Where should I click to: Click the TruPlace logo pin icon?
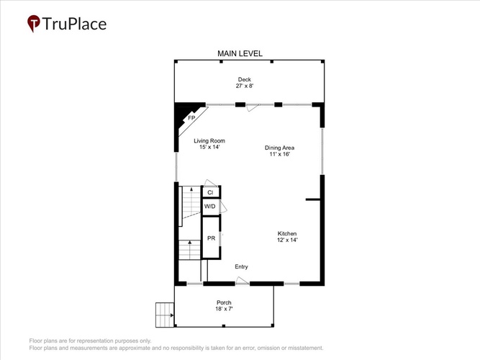click(34, 23)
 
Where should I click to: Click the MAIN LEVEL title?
click(240, 53)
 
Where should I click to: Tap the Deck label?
click(245, 79)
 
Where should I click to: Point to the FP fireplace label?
click(191, 117)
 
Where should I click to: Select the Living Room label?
click(209, 141)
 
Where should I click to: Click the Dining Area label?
click(279, 148)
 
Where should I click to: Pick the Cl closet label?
click(210, 192)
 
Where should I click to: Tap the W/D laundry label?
click(209, 206)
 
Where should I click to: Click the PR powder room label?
click(212, 238)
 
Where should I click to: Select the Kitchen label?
click(287, 233)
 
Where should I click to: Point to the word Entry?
click(241, 266)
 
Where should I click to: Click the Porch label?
click(224, 302)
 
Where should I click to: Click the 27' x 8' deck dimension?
click(245, 86)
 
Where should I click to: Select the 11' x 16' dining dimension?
click(280, 154)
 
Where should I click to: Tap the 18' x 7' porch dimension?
click(224, 309)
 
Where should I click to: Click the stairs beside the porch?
click(165, 315)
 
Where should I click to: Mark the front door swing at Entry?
click(242, 281)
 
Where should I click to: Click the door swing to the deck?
click(253, 107)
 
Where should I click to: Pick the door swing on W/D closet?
click(224, 207)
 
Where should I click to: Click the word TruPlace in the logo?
click(74, 24)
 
